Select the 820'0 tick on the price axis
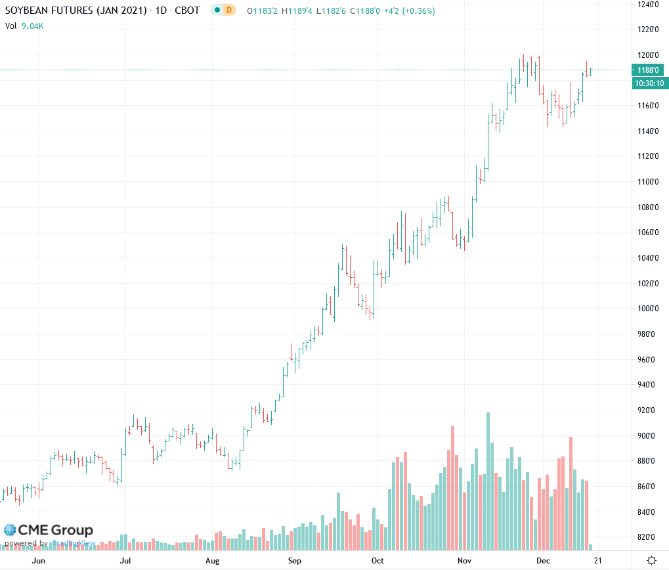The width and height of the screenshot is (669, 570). coord(646,537)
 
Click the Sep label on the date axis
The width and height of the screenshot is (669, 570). coord(294,561)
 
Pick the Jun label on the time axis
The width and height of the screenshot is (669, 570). coord(39,561)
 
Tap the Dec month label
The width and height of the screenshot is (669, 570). coord(543,561)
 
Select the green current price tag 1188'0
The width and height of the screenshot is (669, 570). coord(647,70)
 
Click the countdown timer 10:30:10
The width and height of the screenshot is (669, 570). coord(647,83)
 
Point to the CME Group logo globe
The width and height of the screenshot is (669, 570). coord(10,530)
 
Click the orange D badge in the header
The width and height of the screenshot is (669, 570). coord(228,11)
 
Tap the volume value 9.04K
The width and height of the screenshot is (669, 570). coord(33,26)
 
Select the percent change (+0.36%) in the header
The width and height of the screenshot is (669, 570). coord(418,11)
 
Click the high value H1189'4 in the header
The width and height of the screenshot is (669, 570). coord(297,11)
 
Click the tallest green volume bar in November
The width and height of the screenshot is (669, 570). coord(488,483)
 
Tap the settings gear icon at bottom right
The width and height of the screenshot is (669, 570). coord(651,560)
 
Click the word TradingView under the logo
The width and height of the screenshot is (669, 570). coord(74,543)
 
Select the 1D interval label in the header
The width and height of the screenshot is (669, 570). coord(160,11)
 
